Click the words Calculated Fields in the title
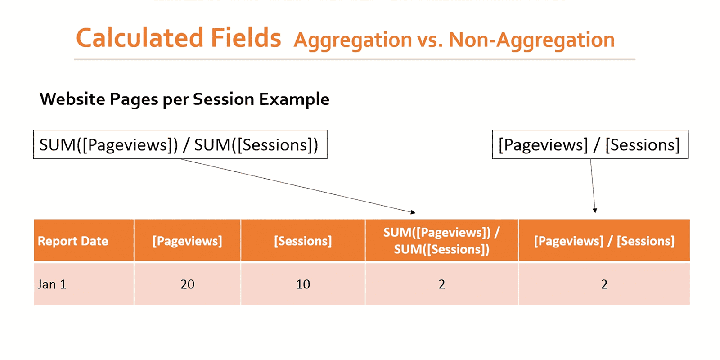[x=179, y=38]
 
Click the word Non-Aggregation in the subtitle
[x=531, y=40]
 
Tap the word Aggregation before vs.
[x=353, y=40]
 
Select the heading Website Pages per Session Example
[x=184, y=99]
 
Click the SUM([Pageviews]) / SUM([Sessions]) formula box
[x=180, y=145]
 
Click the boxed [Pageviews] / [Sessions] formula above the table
[x=589, y=145]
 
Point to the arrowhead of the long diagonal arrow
[x=413, y=212]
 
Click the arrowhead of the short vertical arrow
[x=595, y=210]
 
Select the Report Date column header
[x=73, y=241]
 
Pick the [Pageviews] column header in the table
[x=187, y=241]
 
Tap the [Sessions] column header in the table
[x=303, y=241]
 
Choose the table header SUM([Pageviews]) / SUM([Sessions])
[x=441, y=241]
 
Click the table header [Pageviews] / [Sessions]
[x=604, y=241]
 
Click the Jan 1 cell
[x=52, y=284]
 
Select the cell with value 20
[x=187, y=284]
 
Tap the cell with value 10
[x=303, y=284]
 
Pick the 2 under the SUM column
[x=441, y=284]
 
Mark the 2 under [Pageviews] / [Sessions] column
[x=604, y=284]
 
